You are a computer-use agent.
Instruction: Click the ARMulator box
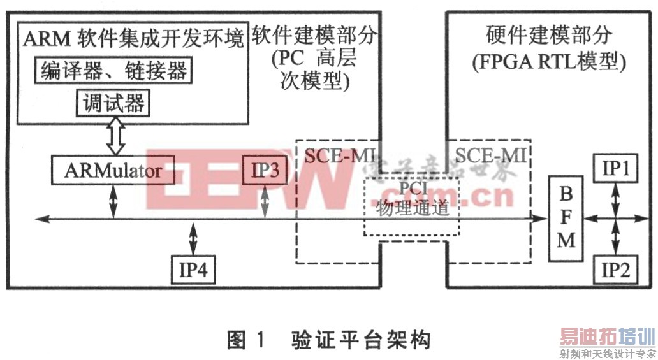point(113,171)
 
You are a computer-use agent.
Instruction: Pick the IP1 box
point(615,169)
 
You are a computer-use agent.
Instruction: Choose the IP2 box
point(615,270)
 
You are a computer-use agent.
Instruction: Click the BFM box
point(566,218)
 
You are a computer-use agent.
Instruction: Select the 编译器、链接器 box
point(113,71)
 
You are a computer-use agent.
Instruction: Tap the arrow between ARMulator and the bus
point(113,201)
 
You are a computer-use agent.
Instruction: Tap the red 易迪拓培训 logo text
point(608,335)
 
